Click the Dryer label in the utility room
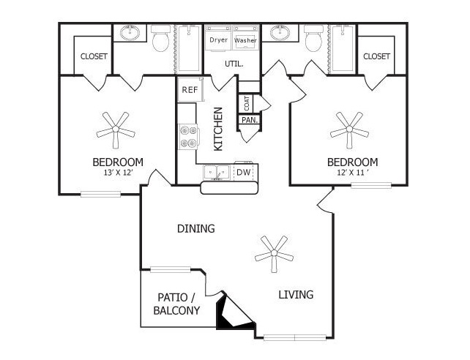218,40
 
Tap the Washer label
245,40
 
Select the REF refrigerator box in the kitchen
190,89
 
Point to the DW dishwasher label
243,172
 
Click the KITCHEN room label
218,129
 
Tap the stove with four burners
189,137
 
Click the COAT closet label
247,103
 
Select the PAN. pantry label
250,121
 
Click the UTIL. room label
234,64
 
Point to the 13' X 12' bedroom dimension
118,173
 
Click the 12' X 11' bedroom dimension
352,173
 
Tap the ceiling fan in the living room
274,253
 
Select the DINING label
196,228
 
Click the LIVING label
296,295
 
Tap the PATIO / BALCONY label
177,304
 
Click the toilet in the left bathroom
160,38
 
